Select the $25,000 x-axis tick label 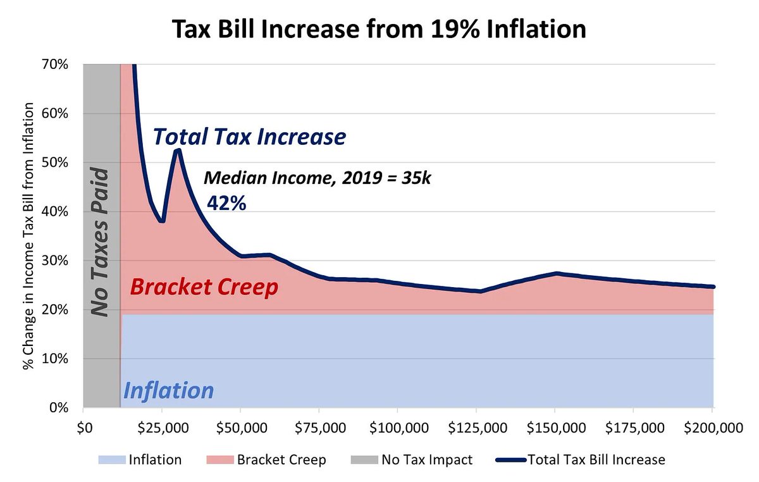click(x=162, y=428)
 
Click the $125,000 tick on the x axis click(x=476, y=428)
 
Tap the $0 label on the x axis click(x=83, y=428)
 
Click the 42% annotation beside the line click(x=226, y=203)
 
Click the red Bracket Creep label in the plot click(x=204, y=288)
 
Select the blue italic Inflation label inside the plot click(x=168, y=390)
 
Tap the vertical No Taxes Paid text click(x=100, y=242)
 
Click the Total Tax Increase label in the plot click(x=250, y=137)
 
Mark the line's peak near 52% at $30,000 click(x=178, y=149)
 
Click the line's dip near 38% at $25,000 click(x=162, y=221)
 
